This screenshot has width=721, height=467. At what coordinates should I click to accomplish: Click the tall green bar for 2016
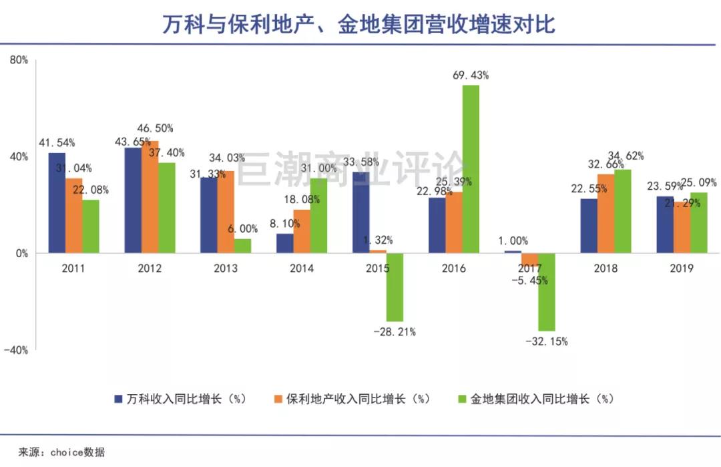(x=471, y=169)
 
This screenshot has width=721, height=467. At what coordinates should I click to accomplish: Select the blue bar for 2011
(x=57, y=203)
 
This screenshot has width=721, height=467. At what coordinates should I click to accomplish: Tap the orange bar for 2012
(x=150, y=197)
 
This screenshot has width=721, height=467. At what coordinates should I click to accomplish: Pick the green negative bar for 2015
(x=395, y=287)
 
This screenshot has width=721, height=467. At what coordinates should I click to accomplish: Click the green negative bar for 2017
(x=547, y=292)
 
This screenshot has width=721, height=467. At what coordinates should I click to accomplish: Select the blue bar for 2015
(x=361, y=212)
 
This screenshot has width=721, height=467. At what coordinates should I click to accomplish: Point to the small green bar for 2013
(x=243, y=246)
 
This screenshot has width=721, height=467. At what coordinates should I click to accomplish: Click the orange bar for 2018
(x=606, y=214)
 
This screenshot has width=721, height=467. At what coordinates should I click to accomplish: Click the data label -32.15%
(x=546, y=341)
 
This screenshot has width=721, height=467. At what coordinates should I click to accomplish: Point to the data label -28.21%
(x=395, y=332)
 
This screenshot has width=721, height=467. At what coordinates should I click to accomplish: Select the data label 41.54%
(x=57, y=142)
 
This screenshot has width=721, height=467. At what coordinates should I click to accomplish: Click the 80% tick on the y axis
(x=18, y=59)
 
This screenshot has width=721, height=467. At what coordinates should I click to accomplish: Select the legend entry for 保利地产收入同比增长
(x=357, y=399)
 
